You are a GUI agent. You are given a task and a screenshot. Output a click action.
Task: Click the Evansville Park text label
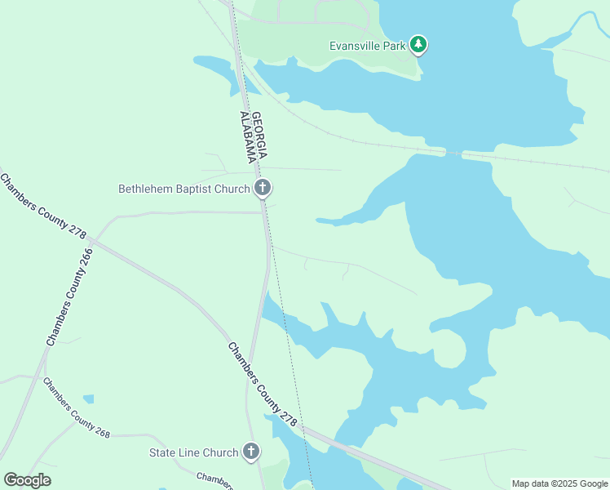tap(367, 46)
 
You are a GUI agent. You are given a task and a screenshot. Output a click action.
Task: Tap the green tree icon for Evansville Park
tap(418, 44)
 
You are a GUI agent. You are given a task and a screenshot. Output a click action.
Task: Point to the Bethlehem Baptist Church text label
tap(184, 189)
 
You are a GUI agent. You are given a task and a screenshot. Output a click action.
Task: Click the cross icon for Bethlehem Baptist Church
tap(262, 189)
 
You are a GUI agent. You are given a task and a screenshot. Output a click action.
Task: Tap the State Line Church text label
tap(193, 452)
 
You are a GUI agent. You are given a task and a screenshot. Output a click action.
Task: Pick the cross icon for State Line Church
tap(251, 452)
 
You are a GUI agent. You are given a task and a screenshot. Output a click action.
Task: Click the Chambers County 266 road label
tap(70, 296)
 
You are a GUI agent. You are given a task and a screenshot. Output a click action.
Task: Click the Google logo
tap(27, 479)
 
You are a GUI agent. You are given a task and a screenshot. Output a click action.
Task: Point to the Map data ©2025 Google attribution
tap(559, 483)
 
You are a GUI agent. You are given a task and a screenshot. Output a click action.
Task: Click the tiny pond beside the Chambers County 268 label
tap(88, 399)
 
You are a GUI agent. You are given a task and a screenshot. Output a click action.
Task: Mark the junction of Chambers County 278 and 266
tap(93, 242)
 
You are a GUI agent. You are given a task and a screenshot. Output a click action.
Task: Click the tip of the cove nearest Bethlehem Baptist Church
tap(318, 220)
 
